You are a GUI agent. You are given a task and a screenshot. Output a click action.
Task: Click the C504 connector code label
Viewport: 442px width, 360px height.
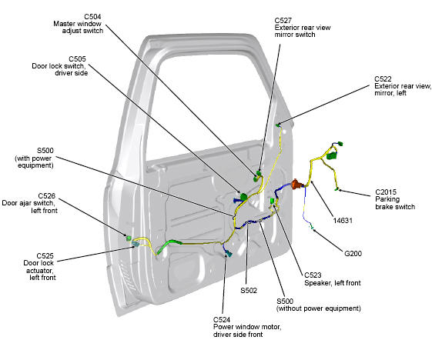click(92, 17)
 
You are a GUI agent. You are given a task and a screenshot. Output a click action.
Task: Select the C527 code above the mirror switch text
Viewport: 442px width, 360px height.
click(283, 21)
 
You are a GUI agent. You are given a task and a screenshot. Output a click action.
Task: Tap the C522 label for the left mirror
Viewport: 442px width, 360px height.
click(383, 79)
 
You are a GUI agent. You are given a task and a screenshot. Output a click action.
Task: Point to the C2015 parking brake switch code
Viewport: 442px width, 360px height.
click(386, 192)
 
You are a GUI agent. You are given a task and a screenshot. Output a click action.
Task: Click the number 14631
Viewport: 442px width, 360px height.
click(343, 221)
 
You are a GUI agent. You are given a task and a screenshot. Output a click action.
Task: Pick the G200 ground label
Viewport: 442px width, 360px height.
click(353, 254)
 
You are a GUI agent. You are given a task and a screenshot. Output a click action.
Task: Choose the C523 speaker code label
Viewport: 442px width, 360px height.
click(313, 275)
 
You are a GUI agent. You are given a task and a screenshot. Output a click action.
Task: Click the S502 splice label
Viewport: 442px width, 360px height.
click(249, 291)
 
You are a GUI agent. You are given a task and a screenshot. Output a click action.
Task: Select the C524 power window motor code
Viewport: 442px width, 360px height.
click(222, 320)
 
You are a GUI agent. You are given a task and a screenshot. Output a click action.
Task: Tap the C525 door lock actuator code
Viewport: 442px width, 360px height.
click(45, 256)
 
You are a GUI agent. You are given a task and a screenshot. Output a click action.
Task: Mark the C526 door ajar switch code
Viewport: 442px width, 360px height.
click(47, 196)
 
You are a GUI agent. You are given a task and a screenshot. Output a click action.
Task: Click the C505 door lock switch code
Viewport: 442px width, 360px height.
click(77, 59)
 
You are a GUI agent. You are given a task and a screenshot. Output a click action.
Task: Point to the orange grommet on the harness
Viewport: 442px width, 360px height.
click(296, 184)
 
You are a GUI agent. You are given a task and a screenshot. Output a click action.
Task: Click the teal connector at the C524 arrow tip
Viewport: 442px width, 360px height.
click(229, 254)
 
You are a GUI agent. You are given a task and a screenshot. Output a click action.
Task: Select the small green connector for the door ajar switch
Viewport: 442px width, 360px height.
click(129, 238)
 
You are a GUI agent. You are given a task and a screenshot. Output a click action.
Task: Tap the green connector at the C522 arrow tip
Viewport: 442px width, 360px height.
click(278, 125)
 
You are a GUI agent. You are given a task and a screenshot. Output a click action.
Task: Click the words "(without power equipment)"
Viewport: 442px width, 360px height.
click(319, 308)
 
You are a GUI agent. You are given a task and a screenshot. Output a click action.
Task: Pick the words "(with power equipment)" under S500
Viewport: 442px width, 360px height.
click(34, 162)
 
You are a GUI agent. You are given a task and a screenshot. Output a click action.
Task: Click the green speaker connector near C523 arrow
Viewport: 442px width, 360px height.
click(273, 201)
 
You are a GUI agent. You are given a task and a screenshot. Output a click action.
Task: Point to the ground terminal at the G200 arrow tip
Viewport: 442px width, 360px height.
click(312, 227)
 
